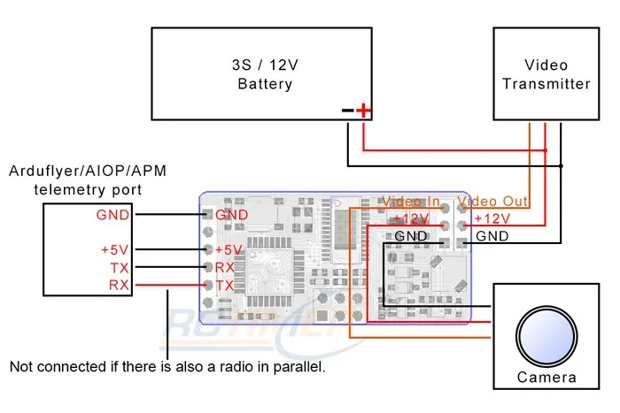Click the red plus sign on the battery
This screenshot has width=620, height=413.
pos(363,111)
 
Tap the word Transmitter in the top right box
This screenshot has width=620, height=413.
pos(546,84)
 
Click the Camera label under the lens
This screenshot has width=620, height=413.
pos(546,378)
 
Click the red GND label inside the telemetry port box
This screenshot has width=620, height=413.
pos(112,214)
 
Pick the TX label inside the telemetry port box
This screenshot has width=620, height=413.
pos(119,267)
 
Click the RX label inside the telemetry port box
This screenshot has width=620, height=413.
pos(119,285)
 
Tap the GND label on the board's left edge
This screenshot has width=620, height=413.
pos(231,214)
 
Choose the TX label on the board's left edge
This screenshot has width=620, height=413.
pos(225,285)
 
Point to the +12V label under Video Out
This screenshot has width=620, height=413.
pos(492,219)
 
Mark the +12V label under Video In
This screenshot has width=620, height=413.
pos(410,219)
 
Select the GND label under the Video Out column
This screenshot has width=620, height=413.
pos(492,236)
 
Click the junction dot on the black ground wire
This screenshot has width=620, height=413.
pos(561,165)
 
